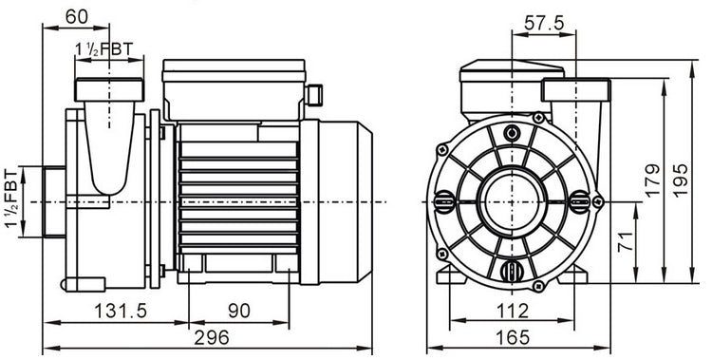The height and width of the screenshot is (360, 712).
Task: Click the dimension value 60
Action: pos(78,15)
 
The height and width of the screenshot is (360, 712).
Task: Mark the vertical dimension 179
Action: pos(650,180)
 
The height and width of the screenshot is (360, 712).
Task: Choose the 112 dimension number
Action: pos(514,311)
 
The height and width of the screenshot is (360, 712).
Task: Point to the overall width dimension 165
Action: pos(514,337)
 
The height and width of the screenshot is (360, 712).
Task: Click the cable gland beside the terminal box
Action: pos(315,95)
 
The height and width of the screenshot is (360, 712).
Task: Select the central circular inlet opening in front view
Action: pos(514,201)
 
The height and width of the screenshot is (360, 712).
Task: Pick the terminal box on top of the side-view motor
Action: pos(233,87)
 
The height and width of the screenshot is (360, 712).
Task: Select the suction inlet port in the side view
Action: pos(49,201)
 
